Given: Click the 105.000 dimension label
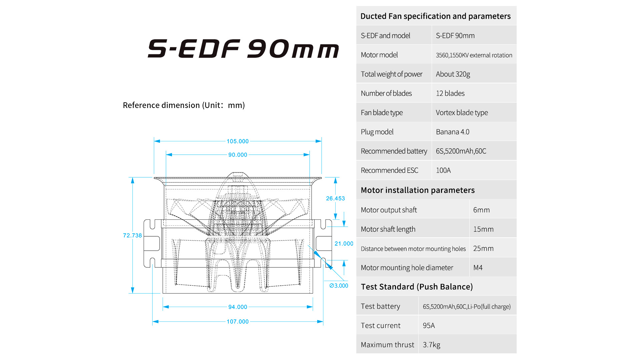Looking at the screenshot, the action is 238,141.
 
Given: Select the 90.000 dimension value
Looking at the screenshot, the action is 238,155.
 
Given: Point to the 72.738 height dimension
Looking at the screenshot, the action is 132,236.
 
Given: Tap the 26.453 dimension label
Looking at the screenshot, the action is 335,199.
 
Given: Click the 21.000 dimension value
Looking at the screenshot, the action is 344,244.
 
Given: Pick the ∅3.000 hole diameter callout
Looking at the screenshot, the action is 339,286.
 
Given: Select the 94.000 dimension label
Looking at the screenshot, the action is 238,307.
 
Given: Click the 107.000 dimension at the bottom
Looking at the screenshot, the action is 238,322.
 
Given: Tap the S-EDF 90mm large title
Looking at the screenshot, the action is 243,49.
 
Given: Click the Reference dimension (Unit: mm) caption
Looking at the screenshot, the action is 184,105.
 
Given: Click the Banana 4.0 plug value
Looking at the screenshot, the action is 452,132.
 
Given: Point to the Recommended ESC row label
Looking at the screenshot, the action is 389,170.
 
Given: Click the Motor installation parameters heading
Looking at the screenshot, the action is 418,190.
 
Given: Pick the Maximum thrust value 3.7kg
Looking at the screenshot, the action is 431,345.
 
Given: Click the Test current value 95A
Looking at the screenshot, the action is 429,326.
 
